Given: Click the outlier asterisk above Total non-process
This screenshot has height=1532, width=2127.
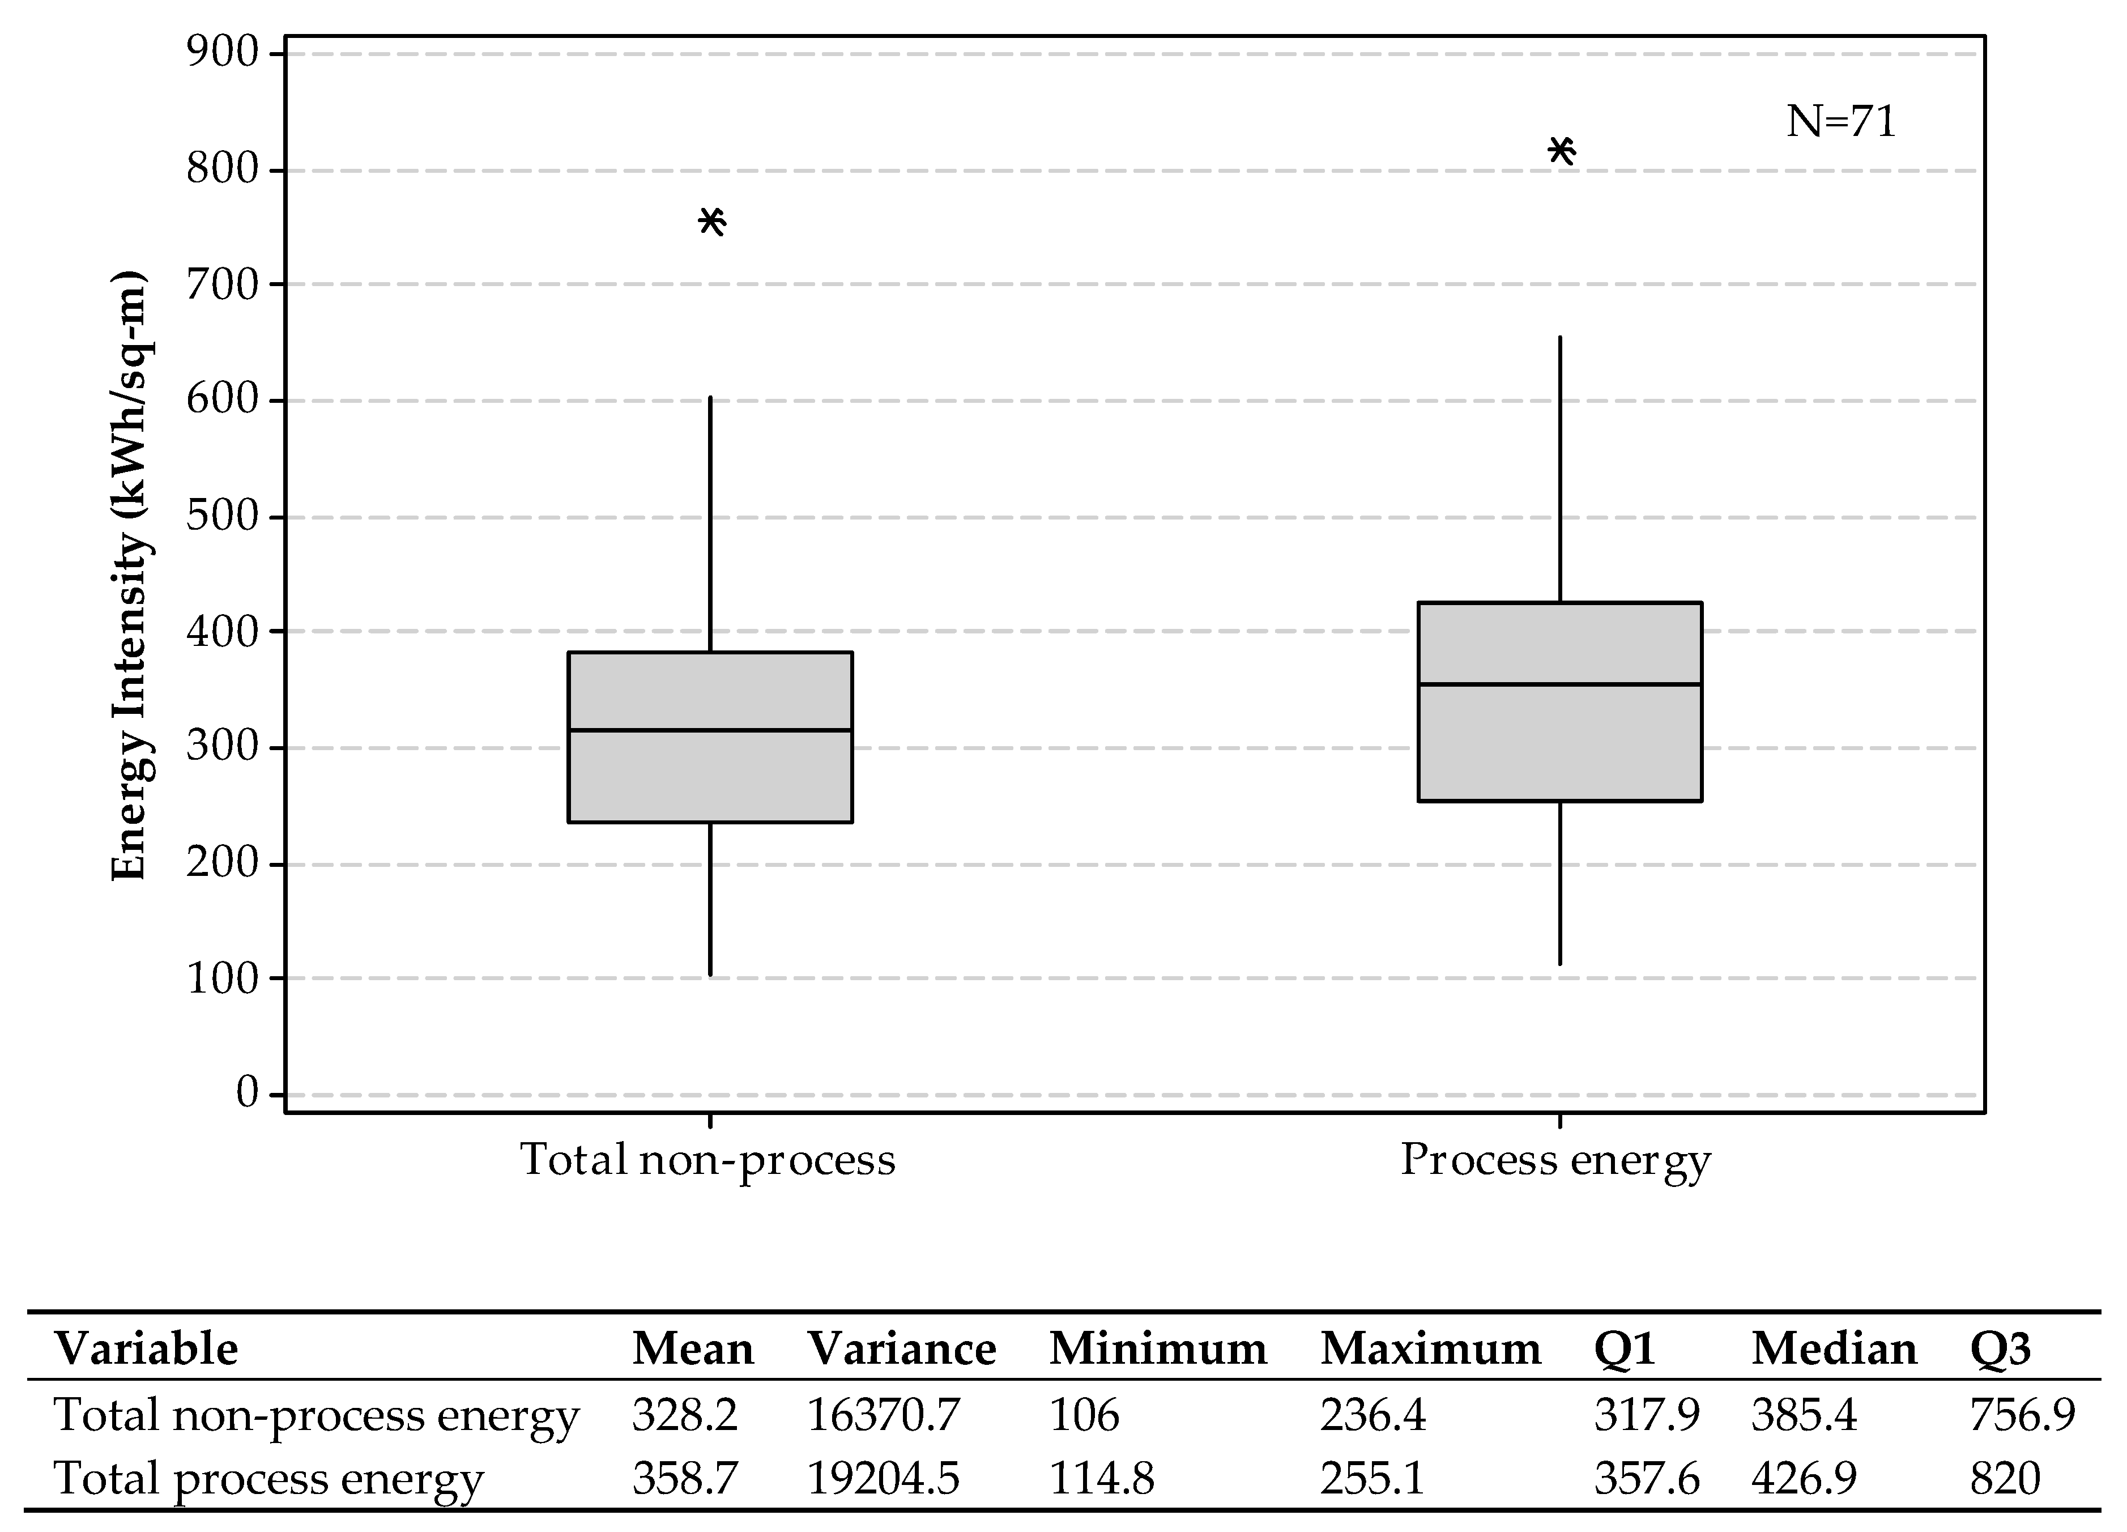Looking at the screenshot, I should [x=712, y=222].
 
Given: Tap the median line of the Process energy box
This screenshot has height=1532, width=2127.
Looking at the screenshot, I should [x=1559, y=684].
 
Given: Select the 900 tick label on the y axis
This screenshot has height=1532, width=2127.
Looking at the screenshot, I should [x=222, y=53].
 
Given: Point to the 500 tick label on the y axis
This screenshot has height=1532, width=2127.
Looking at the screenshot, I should [x=222, y=516].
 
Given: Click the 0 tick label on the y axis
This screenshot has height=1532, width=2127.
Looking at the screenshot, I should [x=246, y=1093].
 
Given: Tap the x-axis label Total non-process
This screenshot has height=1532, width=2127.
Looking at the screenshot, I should [x=708, y=1160].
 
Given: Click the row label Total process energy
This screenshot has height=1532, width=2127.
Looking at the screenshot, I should [x=268, y=1479].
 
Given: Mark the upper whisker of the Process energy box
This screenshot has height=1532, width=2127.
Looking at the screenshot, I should [x=1559, y=469].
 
